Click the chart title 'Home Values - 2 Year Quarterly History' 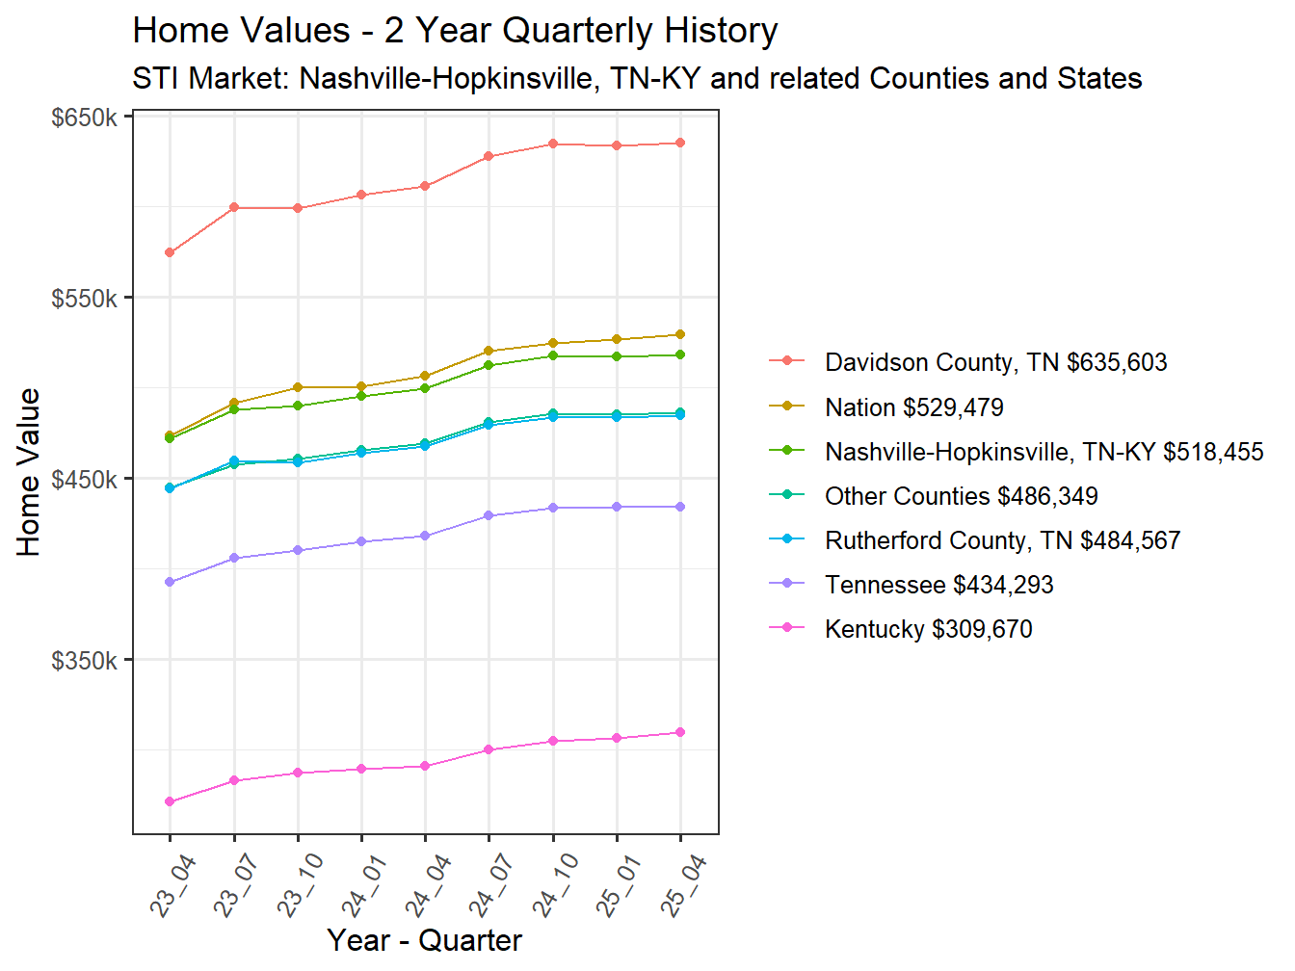coord(455,31)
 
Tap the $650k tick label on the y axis coord(84,118)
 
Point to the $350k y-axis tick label coord(84,661)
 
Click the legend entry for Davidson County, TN coord(995,363)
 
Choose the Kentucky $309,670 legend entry coord(928,630)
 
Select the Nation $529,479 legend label coord(913,408)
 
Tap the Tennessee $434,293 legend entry coord(938,586)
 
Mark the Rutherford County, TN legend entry coord(1002,541)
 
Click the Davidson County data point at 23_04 coord(170,252)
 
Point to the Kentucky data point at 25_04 coord(680,733)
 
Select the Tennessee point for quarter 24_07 coord(489,516)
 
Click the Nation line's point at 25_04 coord(680,335)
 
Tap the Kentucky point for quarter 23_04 coord(170,801)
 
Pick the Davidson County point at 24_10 coord(553,144)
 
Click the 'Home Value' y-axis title coord(29,472)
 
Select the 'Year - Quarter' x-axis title coord(424,940)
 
